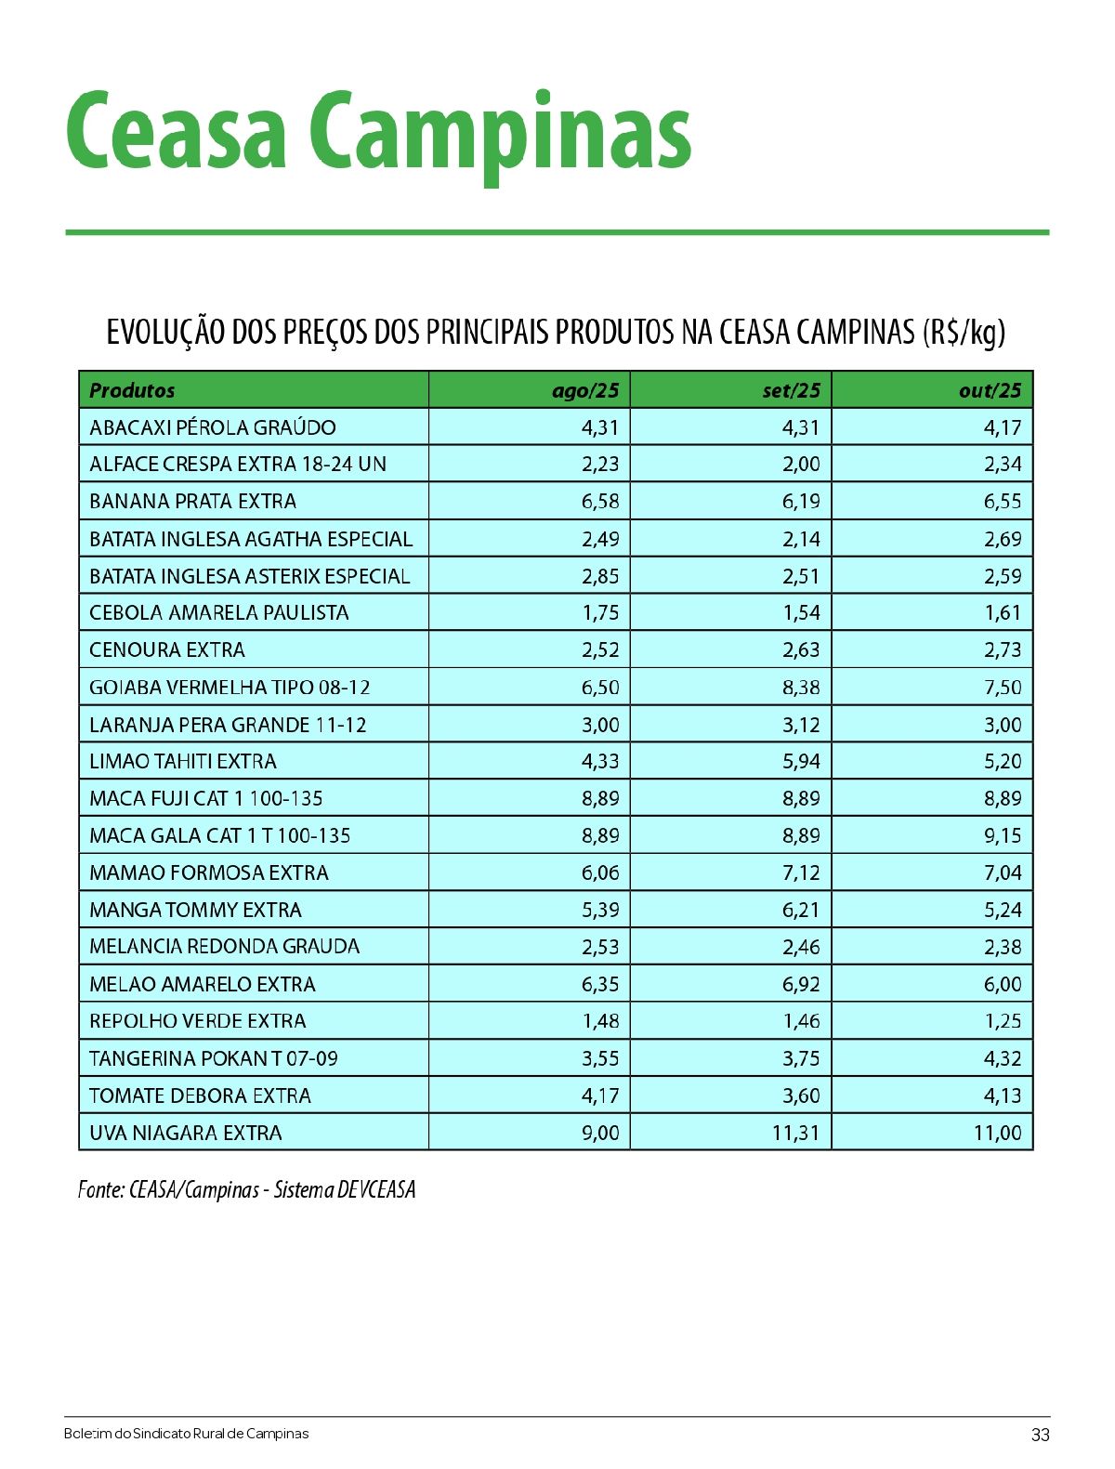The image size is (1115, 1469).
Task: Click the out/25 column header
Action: coord(990,390)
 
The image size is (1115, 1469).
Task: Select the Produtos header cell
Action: coord(132,390)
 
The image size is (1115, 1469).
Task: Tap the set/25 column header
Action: coord(791,390)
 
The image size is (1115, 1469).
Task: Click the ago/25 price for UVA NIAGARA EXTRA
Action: coord(600,1133)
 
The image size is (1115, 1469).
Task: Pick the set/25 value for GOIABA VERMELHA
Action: coord(801,688)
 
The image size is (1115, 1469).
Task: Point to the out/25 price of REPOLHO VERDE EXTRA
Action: coord(1003,1021)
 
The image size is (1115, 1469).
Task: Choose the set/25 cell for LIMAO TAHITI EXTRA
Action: coord(801,762)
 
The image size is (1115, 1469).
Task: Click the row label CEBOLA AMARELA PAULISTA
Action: coord(219,613)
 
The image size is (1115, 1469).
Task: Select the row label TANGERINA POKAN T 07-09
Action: coord(214,1058)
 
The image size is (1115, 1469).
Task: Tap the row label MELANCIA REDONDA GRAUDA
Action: coord(225,947)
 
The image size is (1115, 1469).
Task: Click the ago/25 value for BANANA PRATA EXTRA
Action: coord(600,502)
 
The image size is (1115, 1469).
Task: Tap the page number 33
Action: coord(1040,1435)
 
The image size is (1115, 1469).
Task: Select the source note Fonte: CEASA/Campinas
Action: coord(246,1190)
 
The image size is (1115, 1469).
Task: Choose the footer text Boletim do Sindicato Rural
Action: coord(186,1434)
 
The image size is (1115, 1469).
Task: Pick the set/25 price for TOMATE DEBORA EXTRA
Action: coord(801,1095)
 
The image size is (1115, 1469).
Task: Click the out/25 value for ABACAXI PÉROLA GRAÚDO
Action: coord(1003,427)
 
